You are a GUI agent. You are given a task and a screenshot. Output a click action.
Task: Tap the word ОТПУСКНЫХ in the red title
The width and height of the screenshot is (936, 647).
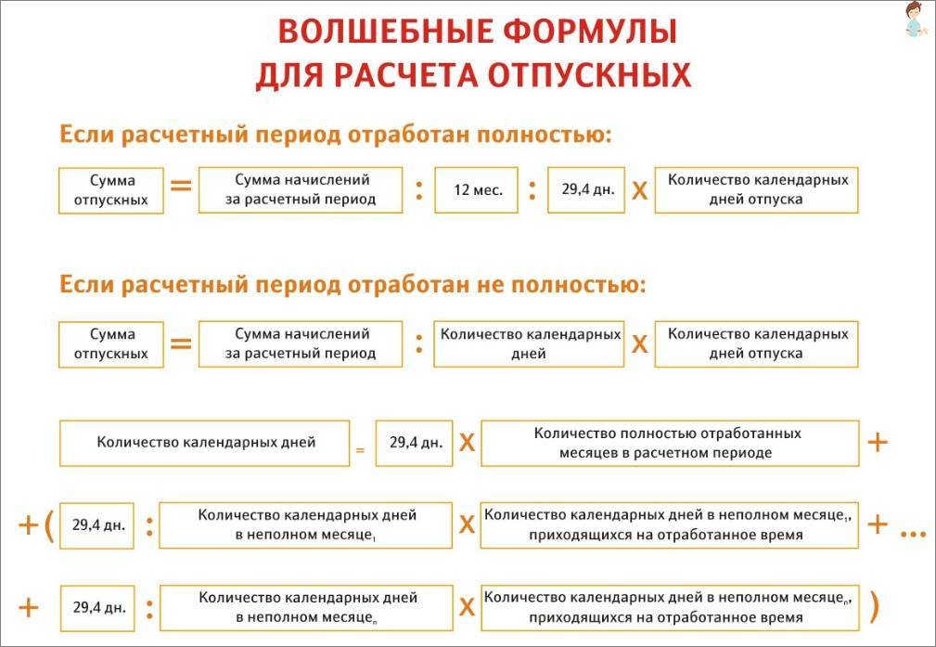(589, 75)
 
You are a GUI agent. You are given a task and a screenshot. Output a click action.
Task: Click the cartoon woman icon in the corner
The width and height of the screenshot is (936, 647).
(915, 19)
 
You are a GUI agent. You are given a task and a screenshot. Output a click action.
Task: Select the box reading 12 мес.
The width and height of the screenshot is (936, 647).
(477, 190)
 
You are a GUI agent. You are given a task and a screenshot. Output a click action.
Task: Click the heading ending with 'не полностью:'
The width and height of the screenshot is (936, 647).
(353, 284)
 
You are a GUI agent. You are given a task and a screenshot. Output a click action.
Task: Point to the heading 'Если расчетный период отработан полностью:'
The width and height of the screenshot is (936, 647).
(336, 135)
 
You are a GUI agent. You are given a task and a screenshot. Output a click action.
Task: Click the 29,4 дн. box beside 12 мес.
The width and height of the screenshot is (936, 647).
(586, 190)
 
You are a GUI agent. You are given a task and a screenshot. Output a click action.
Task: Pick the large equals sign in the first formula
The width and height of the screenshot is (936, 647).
(181, 186)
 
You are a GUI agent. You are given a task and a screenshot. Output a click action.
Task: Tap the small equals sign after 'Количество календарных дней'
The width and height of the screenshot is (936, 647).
(360, 450)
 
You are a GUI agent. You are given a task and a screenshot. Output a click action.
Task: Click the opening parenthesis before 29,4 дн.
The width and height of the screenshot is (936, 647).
(48, 525)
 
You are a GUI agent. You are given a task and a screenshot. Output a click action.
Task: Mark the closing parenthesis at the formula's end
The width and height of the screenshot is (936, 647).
(875, 607)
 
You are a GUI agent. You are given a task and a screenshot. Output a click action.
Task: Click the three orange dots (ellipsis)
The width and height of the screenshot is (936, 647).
(913, 534)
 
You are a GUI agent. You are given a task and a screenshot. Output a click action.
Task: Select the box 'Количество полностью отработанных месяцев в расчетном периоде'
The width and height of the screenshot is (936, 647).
(670, 444)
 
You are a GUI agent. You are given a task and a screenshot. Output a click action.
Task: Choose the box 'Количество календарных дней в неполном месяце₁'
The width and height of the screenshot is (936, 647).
(305, 525)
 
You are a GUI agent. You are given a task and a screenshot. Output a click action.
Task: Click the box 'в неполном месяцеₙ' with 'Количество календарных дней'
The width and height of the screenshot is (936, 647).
(306, 608)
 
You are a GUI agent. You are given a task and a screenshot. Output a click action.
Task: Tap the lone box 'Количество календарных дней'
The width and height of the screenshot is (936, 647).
(204, 444)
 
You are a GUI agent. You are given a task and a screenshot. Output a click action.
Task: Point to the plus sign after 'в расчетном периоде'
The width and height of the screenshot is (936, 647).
(878, 443)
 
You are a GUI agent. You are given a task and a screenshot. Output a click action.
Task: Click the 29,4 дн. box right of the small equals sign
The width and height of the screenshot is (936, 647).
(415, 444)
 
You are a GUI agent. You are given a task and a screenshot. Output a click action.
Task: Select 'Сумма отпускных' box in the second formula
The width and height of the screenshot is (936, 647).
(111, 344)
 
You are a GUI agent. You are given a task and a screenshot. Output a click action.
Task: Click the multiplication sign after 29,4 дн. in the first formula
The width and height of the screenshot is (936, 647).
(639, 191)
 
